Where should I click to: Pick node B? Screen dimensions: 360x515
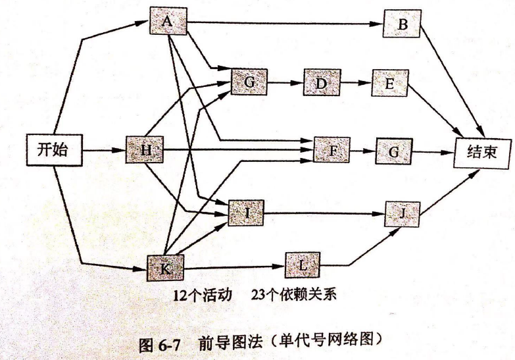[x=403, y=25]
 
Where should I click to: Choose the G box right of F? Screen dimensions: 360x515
[x=393, y=152]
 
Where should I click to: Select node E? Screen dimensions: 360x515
[x=389, y=83]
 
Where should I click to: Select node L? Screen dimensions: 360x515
[x=302, y=266]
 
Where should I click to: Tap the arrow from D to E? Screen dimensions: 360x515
[x=355, y=83]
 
